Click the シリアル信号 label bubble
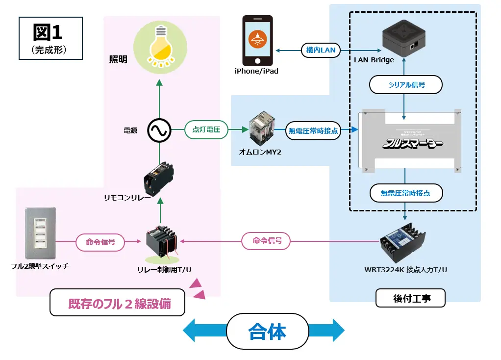[406, 85]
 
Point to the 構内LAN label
[321, 50]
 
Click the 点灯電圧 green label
[206, 130]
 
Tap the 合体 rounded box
[267, 332]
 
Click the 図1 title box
[50, 38]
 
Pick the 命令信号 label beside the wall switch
[100, 242]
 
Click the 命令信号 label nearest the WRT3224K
[266, 241]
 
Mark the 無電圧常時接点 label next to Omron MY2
[313, 130]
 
